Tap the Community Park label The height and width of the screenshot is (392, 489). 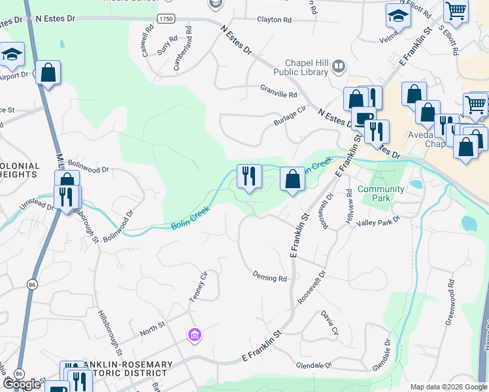coord(381,193)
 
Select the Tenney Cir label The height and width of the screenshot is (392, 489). coord(197,286)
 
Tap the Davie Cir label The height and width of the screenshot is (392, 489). coord(329,323)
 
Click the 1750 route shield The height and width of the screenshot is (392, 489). coord(166,20)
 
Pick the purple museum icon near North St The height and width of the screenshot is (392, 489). coord(194,336)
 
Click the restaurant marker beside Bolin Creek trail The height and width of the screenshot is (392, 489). coord(248,176)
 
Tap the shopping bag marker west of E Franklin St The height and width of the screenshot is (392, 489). coord(292,179)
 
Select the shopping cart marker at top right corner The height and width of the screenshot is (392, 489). coord(456,10)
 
